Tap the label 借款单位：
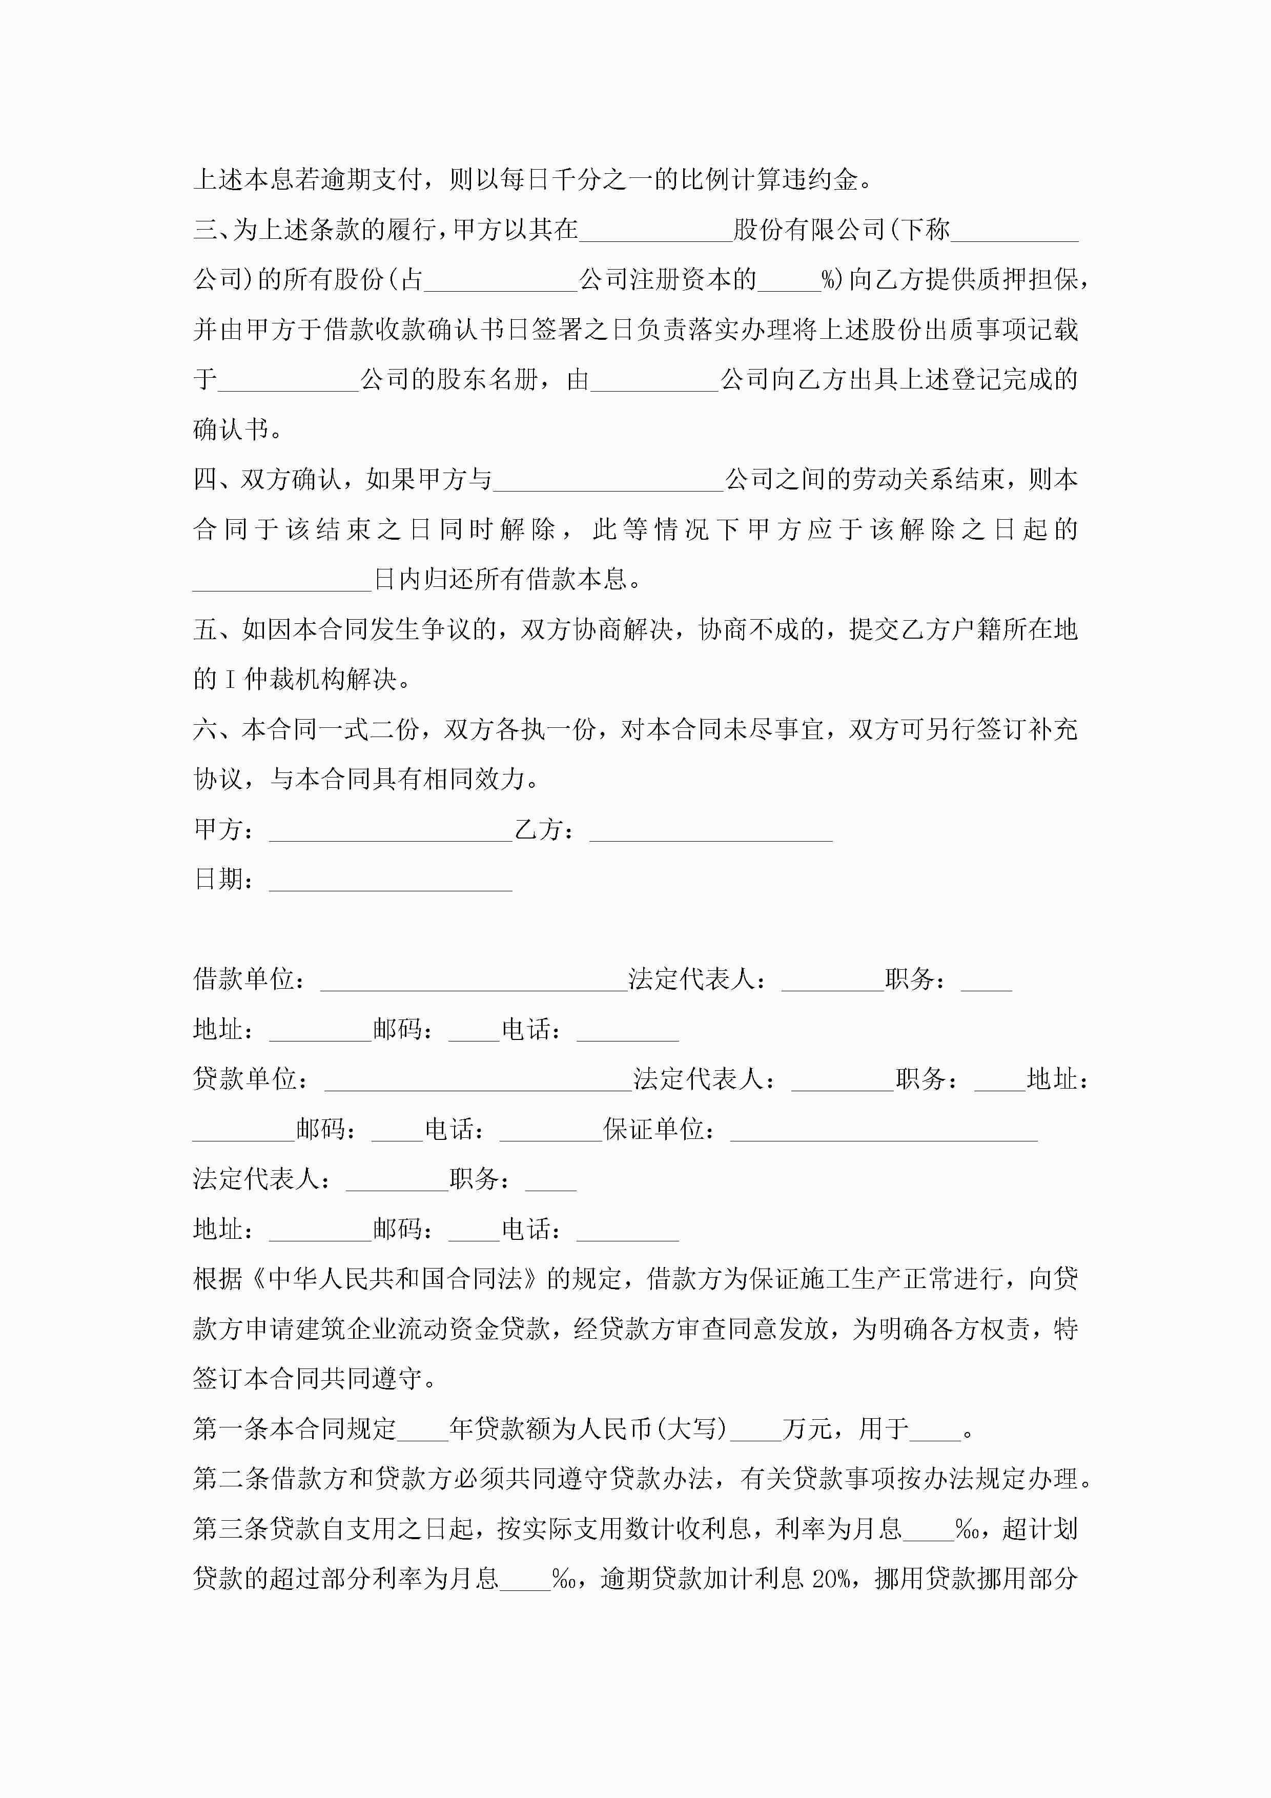click(249, 979)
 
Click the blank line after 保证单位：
click(884, 1130)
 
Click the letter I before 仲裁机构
click(230, 680)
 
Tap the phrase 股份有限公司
click(808, 230)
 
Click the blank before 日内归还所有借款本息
click(282, 580)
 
